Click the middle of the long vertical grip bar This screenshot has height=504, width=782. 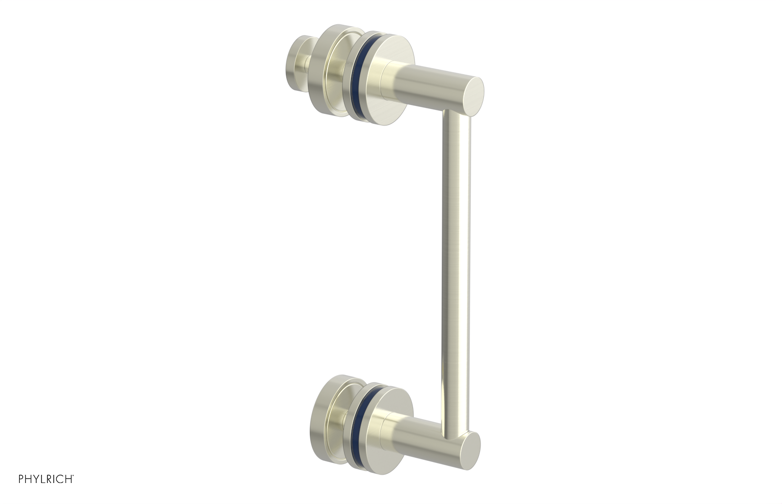click(456, 269)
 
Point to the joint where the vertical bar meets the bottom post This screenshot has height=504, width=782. click(457, 430)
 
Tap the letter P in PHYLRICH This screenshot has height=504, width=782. click(22, 479)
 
